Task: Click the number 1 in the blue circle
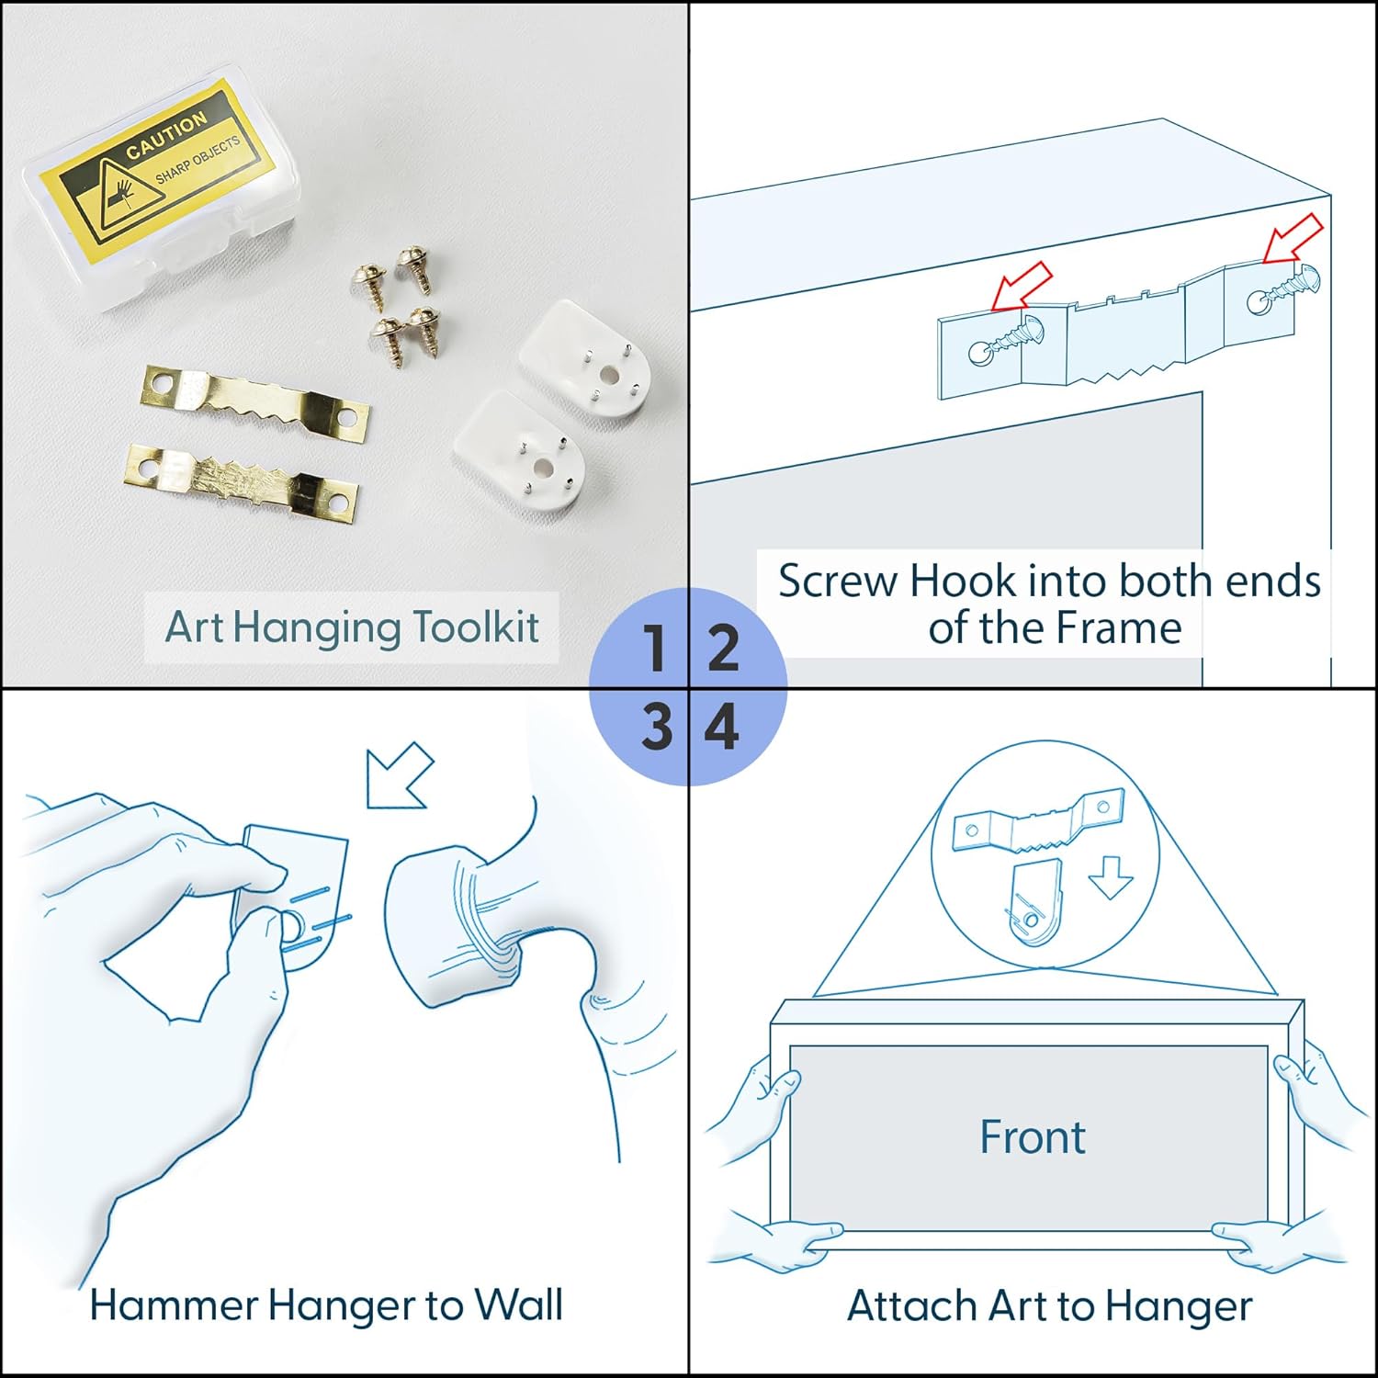click(x=654, y=648)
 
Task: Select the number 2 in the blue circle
click(x=723, y=648)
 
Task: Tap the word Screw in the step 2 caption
click(x=838, y=582)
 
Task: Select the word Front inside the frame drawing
click(x=1033, y=1137)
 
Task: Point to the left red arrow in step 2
click(x=1022, y=286)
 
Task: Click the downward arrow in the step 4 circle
click(x=1111, y=876)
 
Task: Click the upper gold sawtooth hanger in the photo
click(x=255, y=402)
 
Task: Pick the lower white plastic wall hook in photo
click(x=519, y=450)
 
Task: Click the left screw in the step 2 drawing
click(x=1008, y=337)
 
